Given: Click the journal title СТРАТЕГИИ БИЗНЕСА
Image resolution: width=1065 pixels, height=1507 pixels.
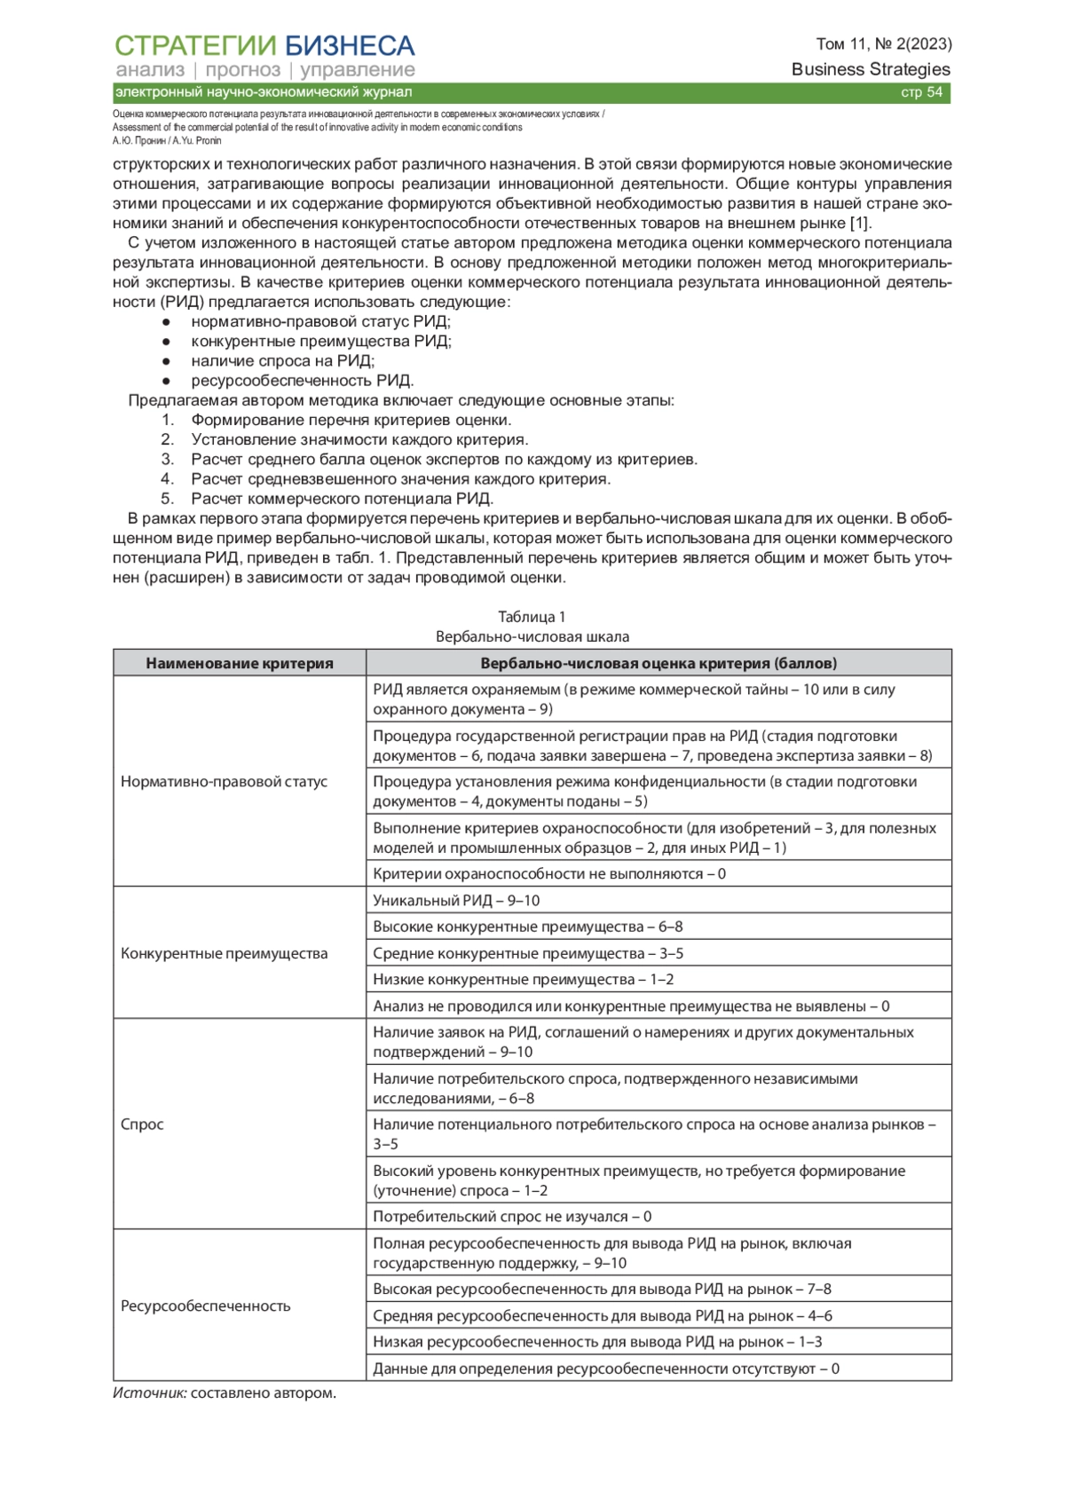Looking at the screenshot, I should [x=264, y=45].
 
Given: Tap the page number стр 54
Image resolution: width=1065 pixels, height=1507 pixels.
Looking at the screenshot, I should [x=921, y=92].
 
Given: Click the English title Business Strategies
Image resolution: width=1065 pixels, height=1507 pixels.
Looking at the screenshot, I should [x=870, y=69].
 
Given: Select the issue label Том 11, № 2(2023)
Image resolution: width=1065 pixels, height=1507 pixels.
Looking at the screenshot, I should [x=883, y=43].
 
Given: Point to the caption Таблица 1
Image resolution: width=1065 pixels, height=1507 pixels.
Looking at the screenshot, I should [x=532, y=617].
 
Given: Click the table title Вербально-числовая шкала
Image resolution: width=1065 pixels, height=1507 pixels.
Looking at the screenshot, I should [x=532, y=636].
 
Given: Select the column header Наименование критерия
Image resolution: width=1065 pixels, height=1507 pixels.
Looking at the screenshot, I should [x=240, y=663].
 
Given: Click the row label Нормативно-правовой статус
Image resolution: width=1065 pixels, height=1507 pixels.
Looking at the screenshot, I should [x=224, y=781].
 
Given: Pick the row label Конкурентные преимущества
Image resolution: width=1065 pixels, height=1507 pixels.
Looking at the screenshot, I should [x=224, y=953].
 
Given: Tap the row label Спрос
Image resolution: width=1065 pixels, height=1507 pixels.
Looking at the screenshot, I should [x=142, y=1124].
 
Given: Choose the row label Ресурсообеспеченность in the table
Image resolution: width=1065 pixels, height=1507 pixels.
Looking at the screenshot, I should [x=205, y=1306].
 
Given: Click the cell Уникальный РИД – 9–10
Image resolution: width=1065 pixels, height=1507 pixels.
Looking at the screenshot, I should [x=456, y=900].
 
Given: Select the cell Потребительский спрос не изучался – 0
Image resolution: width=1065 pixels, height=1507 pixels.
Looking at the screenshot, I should [x=512, y=1216].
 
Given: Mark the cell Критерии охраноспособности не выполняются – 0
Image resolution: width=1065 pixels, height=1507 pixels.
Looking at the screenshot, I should [x=549, y=873].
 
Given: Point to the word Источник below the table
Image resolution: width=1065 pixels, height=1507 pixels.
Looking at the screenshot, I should [x=149, y=1393].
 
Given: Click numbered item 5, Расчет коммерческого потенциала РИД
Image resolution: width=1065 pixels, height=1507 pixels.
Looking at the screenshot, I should [x=342, y=499].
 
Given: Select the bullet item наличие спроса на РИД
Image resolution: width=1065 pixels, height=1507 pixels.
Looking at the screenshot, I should [x=282, y=361].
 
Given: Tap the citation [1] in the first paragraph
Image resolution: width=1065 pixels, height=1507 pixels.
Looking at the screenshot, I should [x=860, y=223].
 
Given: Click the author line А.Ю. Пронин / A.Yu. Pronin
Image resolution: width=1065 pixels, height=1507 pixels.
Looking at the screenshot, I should [x=167, y=140].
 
